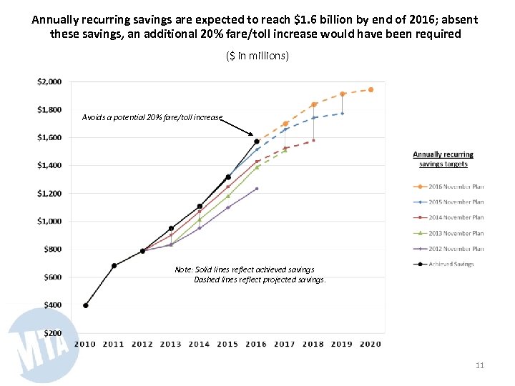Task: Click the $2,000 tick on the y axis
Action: click(x=49, y=81)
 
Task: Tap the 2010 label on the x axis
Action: click(x=85, y=344)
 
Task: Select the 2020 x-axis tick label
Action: click(x=371, y=344)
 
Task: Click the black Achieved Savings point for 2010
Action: click(x=86, y=305)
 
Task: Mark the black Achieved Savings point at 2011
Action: click(x=114, y=266)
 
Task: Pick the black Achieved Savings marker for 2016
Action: click(x=256, y=142)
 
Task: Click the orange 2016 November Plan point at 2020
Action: click(x=371, y=89)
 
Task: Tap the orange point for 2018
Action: click(x=313, y=104)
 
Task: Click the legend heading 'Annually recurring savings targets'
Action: click(x=443, y=159)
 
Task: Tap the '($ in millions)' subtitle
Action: click(x=257, y=56)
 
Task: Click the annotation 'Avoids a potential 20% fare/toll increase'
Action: click(x=152, y=117)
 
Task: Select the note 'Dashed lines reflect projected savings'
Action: click(x=260, y=280)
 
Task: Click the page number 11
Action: click(x=480, y=366)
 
